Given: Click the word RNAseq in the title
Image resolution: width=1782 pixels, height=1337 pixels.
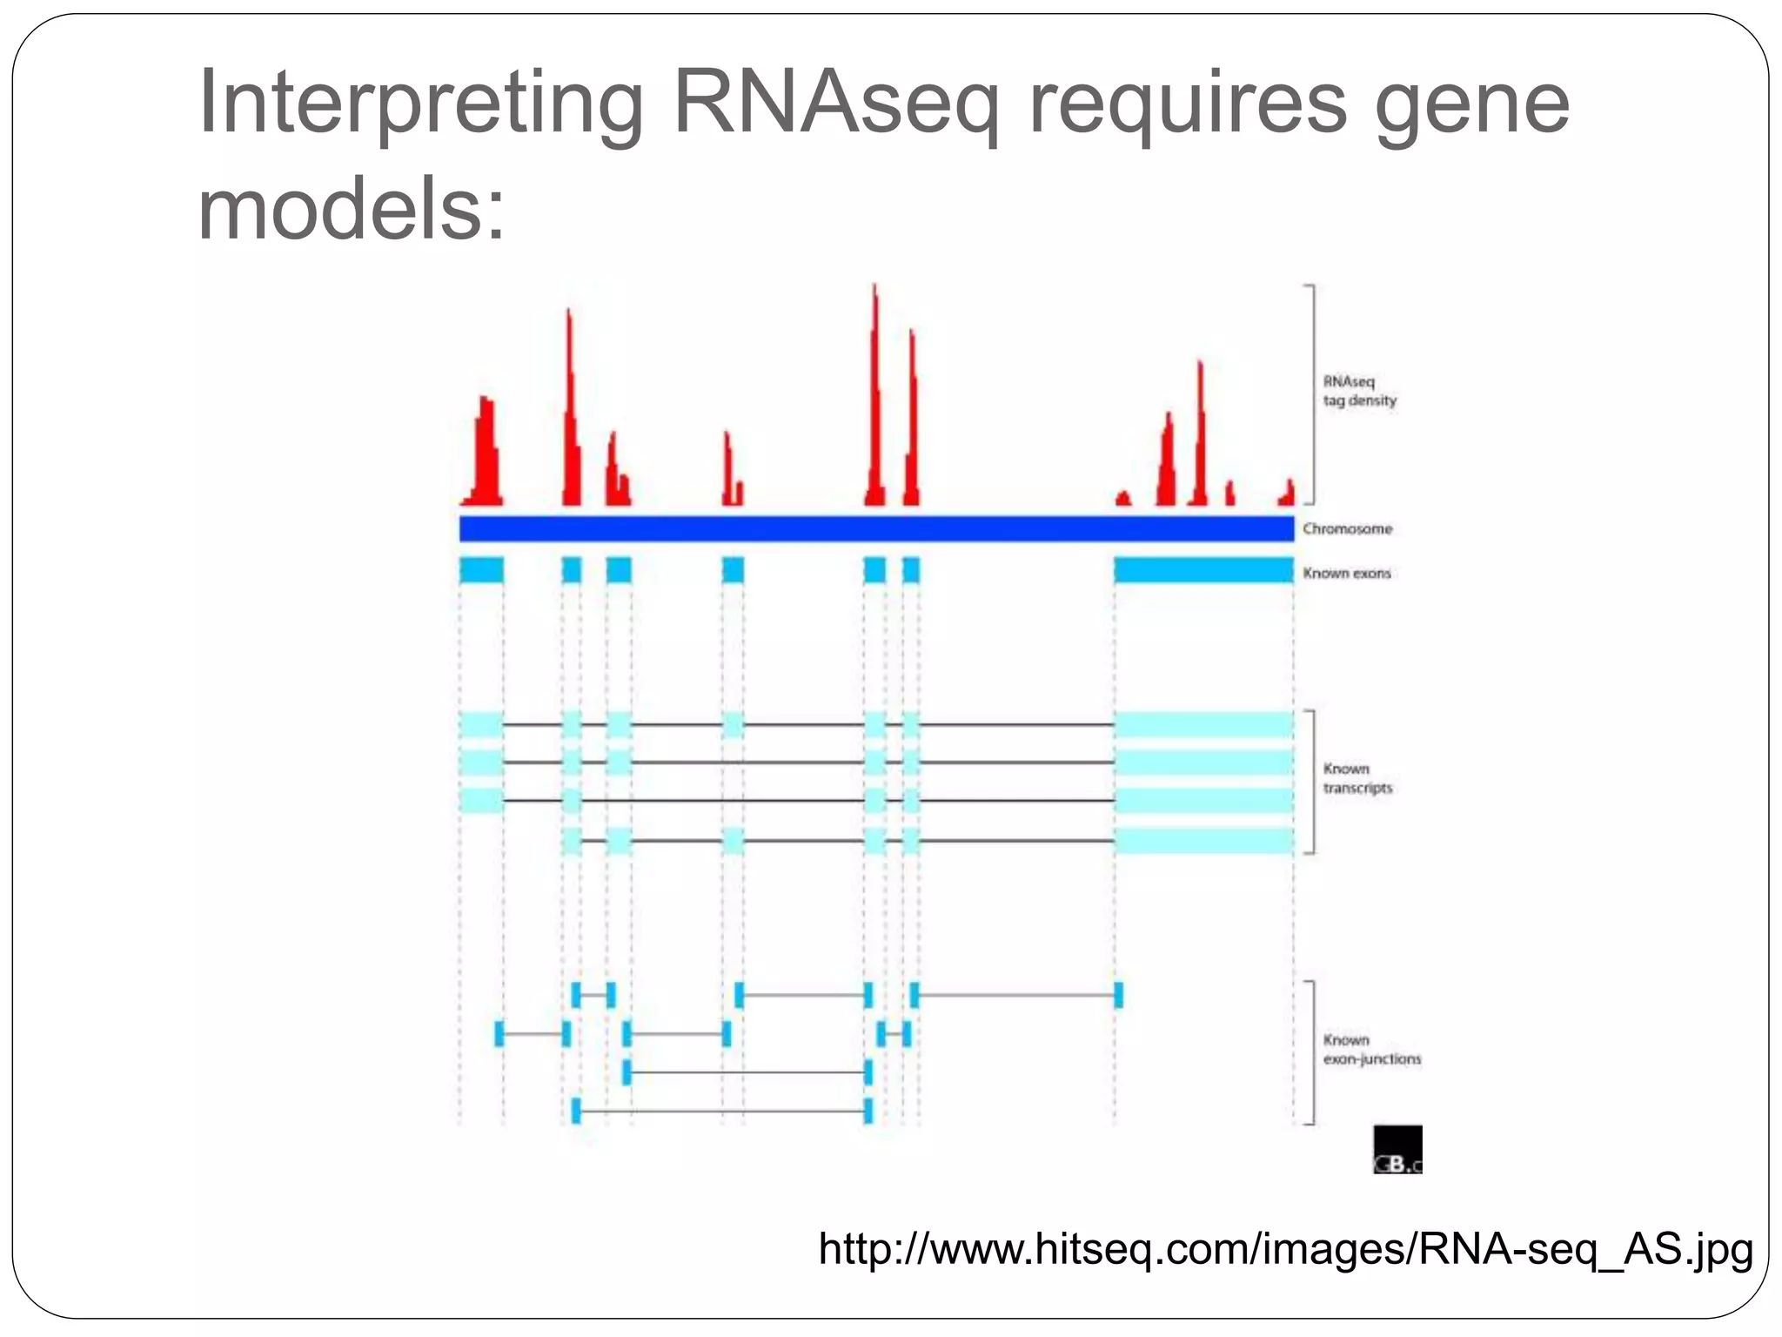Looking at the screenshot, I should [x=834, y=103].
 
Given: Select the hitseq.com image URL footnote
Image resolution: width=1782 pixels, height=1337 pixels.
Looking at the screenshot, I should [x=1285, y=1248].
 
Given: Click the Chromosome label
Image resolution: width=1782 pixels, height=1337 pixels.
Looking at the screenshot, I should [x=1347, y=529].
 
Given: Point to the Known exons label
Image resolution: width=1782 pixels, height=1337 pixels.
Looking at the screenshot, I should [x=1346, y=573].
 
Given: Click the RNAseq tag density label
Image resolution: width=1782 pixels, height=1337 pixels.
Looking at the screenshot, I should [x=1359, y=391].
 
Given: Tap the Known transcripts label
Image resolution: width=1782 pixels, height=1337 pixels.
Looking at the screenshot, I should [x=1357, y=778].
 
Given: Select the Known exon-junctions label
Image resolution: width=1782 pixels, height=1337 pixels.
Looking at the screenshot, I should [x=1371, y=1050].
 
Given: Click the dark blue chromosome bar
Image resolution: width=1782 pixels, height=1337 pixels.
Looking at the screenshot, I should [x=876, y=528].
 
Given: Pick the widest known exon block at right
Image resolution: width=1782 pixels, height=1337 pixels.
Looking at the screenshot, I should [x=1203, y=570].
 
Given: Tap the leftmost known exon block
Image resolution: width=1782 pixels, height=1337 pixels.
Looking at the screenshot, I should [x=481, y=570].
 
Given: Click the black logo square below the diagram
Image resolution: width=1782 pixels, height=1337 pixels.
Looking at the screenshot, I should [x=1397, y=1149].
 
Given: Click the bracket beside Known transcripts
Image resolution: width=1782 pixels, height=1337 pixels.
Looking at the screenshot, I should [x=1310, y=782].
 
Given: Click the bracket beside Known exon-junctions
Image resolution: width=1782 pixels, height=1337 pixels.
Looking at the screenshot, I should [x=1310, y=1052].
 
